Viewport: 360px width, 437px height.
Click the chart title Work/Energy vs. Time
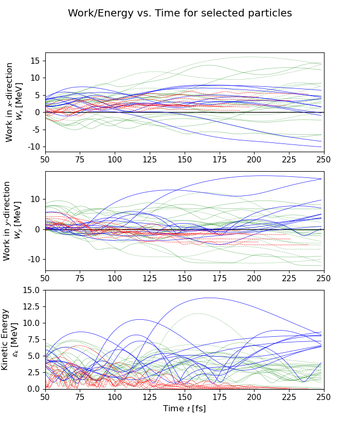coord(180,13)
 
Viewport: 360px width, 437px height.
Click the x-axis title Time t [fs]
coord(184,409)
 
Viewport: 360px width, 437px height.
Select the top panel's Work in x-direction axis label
coord(14,102)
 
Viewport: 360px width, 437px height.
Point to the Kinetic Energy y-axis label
coord(10,339)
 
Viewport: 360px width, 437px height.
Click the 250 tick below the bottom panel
coord(323,397)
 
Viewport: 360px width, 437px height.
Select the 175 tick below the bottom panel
coord(219,397)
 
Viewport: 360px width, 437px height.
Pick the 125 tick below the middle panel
coord(150,278)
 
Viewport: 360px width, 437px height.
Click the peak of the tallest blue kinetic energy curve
coord(208,298)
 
